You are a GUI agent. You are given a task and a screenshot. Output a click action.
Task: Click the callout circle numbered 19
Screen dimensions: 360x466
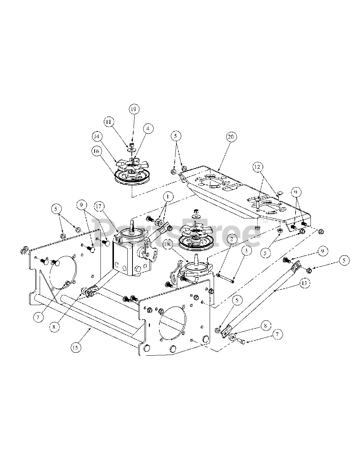coord(134,109)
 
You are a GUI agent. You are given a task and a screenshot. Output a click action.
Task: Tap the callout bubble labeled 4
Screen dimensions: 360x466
coord(148,128)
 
